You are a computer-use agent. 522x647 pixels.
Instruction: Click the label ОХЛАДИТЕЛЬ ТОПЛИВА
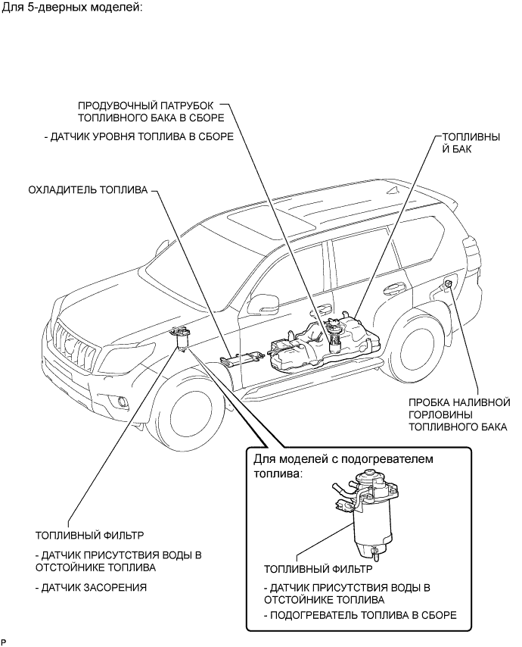pyautogui.click(x=88, y=190)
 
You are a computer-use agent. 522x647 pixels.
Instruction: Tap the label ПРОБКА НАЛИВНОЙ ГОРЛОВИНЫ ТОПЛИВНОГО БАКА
pyautogui.click(x=459, y=414)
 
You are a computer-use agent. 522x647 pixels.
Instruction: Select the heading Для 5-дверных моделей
pyautogui.click(x=72, y=8)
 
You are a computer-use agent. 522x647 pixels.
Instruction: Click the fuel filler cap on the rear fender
pyautogui.click(x=449, y=283)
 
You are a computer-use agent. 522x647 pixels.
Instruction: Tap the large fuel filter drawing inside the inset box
pyautogui.click(x=366, y=513)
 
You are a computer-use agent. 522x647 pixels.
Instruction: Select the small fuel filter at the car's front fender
pyautogui.click(x=181, y=338)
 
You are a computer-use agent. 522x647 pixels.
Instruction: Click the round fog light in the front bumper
pyautogui.click(x=123, y=402)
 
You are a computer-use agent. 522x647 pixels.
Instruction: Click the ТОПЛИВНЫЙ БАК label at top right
pyautogui.click(x=471, y=142)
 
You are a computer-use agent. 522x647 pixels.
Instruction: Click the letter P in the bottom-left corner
pyautogui.click(x=4, y=642)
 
